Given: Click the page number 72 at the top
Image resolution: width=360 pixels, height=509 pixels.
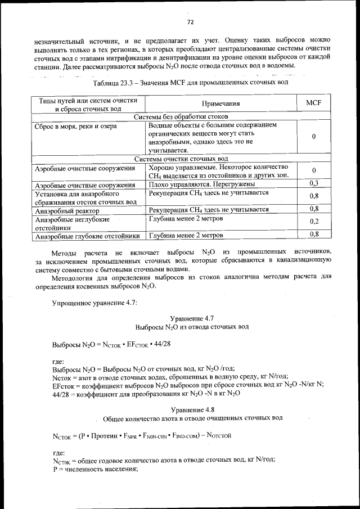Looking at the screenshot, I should [x=190, y=22].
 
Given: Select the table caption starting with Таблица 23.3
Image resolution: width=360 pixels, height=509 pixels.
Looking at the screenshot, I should [x=190, y=83].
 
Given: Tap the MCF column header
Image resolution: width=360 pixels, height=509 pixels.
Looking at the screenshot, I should [x=313, y=103].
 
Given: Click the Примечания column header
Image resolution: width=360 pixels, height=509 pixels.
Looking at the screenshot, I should [x=220, y=103].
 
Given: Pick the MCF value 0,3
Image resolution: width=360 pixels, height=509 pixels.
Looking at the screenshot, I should [x=313, y=184].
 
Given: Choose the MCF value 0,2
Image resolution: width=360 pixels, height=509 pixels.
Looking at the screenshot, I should [x=313, y=222].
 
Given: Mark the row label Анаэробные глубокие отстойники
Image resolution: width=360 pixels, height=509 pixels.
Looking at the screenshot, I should [x=87, y=236].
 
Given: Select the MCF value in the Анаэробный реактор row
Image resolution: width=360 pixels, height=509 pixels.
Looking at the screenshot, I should [x=313, y=209].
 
